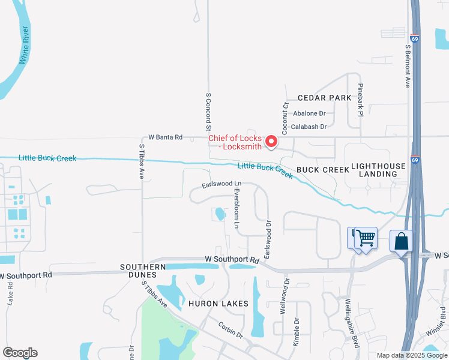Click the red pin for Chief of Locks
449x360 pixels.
point(271,142)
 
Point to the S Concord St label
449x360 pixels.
point(209,112)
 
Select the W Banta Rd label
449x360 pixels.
point(166,137)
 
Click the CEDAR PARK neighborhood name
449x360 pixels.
point(324,98)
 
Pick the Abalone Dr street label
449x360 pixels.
point(309,113)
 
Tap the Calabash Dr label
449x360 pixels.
point(309,127)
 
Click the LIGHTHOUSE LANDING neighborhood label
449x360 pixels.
point(375,169)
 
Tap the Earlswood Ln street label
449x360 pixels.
point(221,184)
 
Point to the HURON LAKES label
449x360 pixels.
point(218,304)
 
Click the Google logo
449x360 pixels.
point(20,353)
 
